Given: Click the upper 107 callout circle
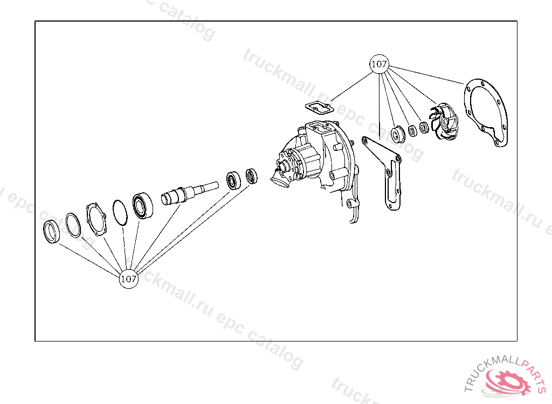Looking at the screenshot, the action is tap(379, 64).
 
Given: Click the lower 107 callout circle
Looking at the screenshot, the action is tap(128, 278).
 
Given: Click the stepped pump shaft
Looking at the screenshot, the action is tap(189, 192).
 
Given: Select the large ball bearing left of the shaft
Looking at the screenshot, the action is tap(142, 206).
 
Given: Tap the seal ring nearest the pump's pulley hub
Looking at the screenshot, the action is tap(251, 176).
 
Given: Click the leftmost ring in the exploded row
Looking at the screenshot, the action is tap(51, 231).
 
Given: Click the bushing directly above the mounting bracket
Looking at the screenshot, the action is tap(398, 134).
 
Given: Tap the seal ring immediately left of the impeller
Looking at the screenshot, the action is tap(424, 127).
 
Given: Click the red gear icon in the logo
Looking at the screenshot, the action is tap(507, 382).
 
